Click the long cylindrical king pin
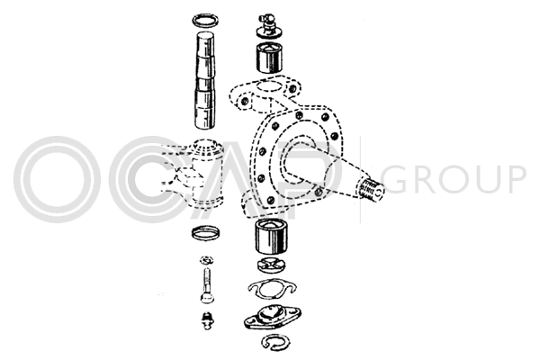(206, 80)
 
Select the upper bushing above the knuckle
(269, 58)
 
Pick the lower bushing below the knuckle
(272, 237)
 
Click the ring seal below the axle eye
(205, 233)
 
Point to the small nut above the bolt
(207, 260)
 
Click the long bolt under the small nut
(207, 286)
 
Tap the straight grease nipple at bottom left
(207, 320)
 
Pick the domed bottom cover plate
(273, 317)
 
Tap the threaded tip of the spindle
(371, 189)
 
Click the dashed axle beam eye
(193, 174)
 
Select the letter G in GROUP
(396, 179)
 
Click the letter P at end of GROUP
(514, 179)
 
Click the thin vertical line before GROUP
(361, 179)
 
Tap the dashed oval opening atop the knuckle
(271, 86)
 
